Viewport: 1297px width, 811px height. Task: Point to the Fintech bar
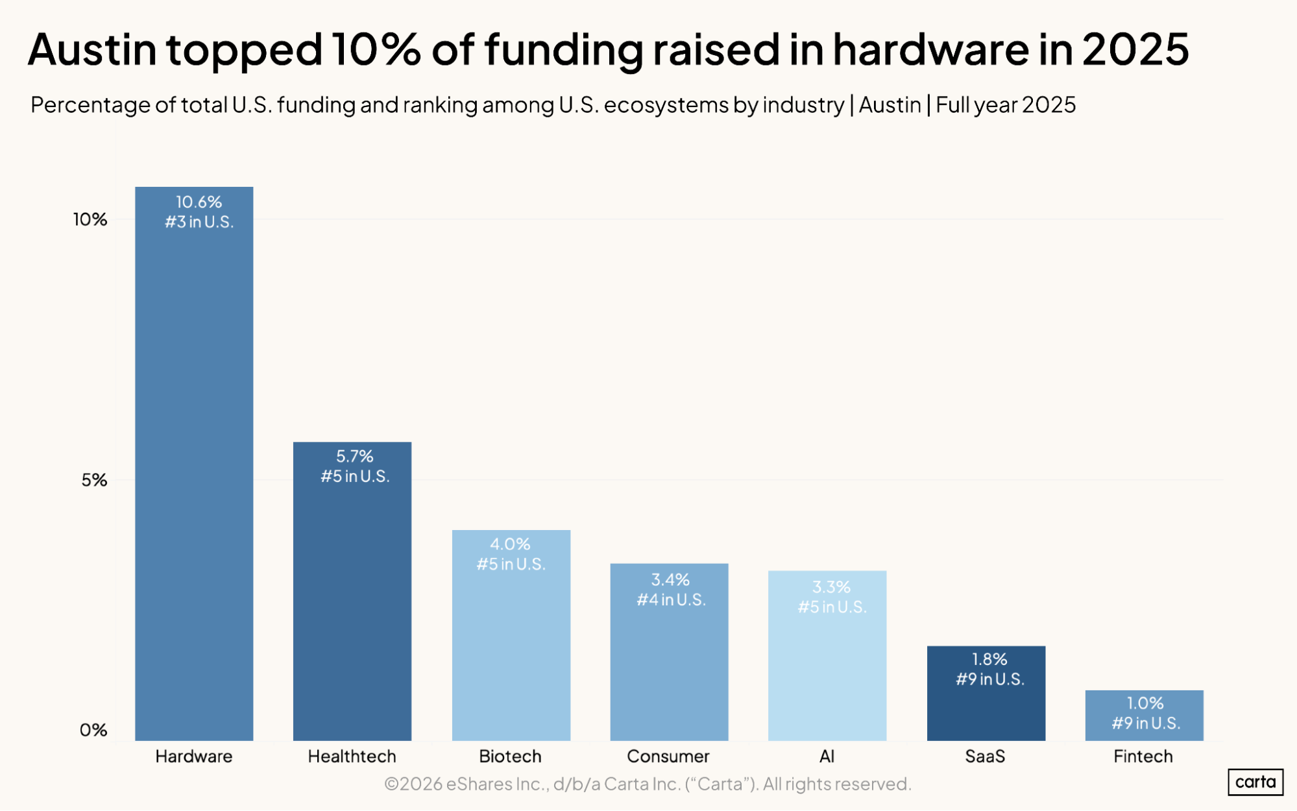1144,716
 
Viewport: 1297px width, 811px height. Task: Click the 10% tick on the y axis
90,220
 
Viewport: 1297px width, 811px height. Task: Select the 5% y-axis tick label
94,480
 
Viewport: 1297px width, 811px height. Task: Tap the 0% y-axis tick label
93,730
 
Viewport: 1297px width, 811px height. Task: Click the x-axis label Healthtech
352,757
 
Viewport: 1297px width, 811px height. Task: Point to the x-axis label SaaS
985,757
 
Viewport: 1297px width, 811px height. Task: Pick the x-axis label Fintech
1143,757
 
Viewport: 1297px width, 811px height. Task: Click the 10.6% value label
199,202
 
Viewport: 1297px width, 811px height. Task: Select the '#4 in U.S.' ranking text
671,599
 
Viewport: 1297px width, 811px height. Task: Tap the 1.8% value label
989,659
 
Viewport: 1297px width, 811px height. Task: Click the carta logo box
1255,782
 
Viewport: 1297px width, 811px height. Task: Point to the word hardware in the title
930,49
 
